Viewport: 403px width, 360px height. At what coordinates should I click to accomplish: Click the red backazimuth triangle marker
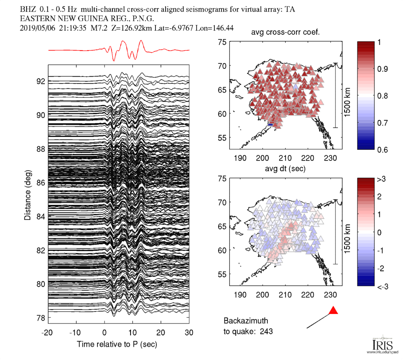[333, 311]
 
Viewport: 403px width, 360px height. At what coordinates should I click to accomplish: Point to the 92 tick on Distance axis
[41, 81]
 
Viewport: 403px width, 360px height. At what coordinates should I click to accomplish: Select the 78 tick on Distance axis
[41, 318]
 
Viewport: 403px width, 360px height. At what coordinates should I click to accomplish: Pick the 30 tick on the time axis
[189, 333]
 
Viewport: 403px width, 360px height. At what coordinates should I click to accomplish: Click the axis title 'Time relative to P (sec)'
[117, 345]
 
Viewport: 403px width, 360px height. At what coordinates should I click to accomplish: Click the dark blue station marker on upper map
[271, 124]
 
